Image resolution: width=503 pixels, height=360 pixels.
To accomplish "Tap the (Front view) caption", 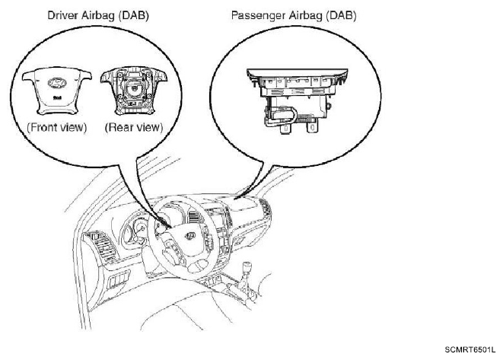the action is pos(57,127).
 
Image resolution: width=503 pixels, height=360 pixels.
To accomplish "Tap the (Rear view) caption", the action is pos(134,127).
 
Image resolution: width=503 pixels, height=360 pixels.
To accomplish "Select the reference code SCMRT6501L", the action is pos(470,349).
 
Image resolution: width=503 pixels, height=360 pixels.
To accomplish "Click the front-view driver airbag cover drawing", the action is pos(57,92).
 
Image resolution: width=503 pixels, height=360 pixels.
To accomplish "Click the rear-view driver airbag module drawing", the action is pos(134,91).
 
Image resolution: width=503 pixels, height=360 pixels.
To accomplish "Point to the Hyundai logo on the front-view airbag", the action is pos(57,83).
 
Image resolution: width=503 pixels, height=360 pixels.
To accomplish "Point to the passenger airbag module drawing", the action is pos(297,100).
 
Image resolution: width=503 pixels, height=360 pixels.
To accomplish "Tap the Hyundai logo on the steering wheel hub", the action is pos(190,235).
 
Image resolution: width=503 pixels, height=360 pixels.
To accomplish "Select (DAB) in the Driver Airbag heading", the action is pos(133,15).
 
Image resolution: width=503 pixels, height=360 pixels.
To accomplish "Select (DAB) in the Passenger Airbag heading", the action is pos(341,16).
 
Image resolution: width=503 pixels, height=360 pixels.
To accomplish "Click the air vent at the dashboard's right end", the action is pos(265,209).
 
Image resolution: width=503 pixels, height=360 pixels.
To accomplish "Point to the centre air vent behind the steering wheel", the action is pos(194,217).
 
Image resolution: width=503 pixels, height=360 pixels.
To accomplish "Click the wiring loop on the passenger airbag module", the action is pos(282,116).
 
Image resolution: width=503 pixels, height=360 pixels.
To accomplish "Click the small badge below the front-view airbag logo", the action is pos(57,97).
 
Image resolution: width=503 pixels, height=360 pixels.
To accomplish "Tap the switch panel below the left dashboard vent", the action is pos(119,279).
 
